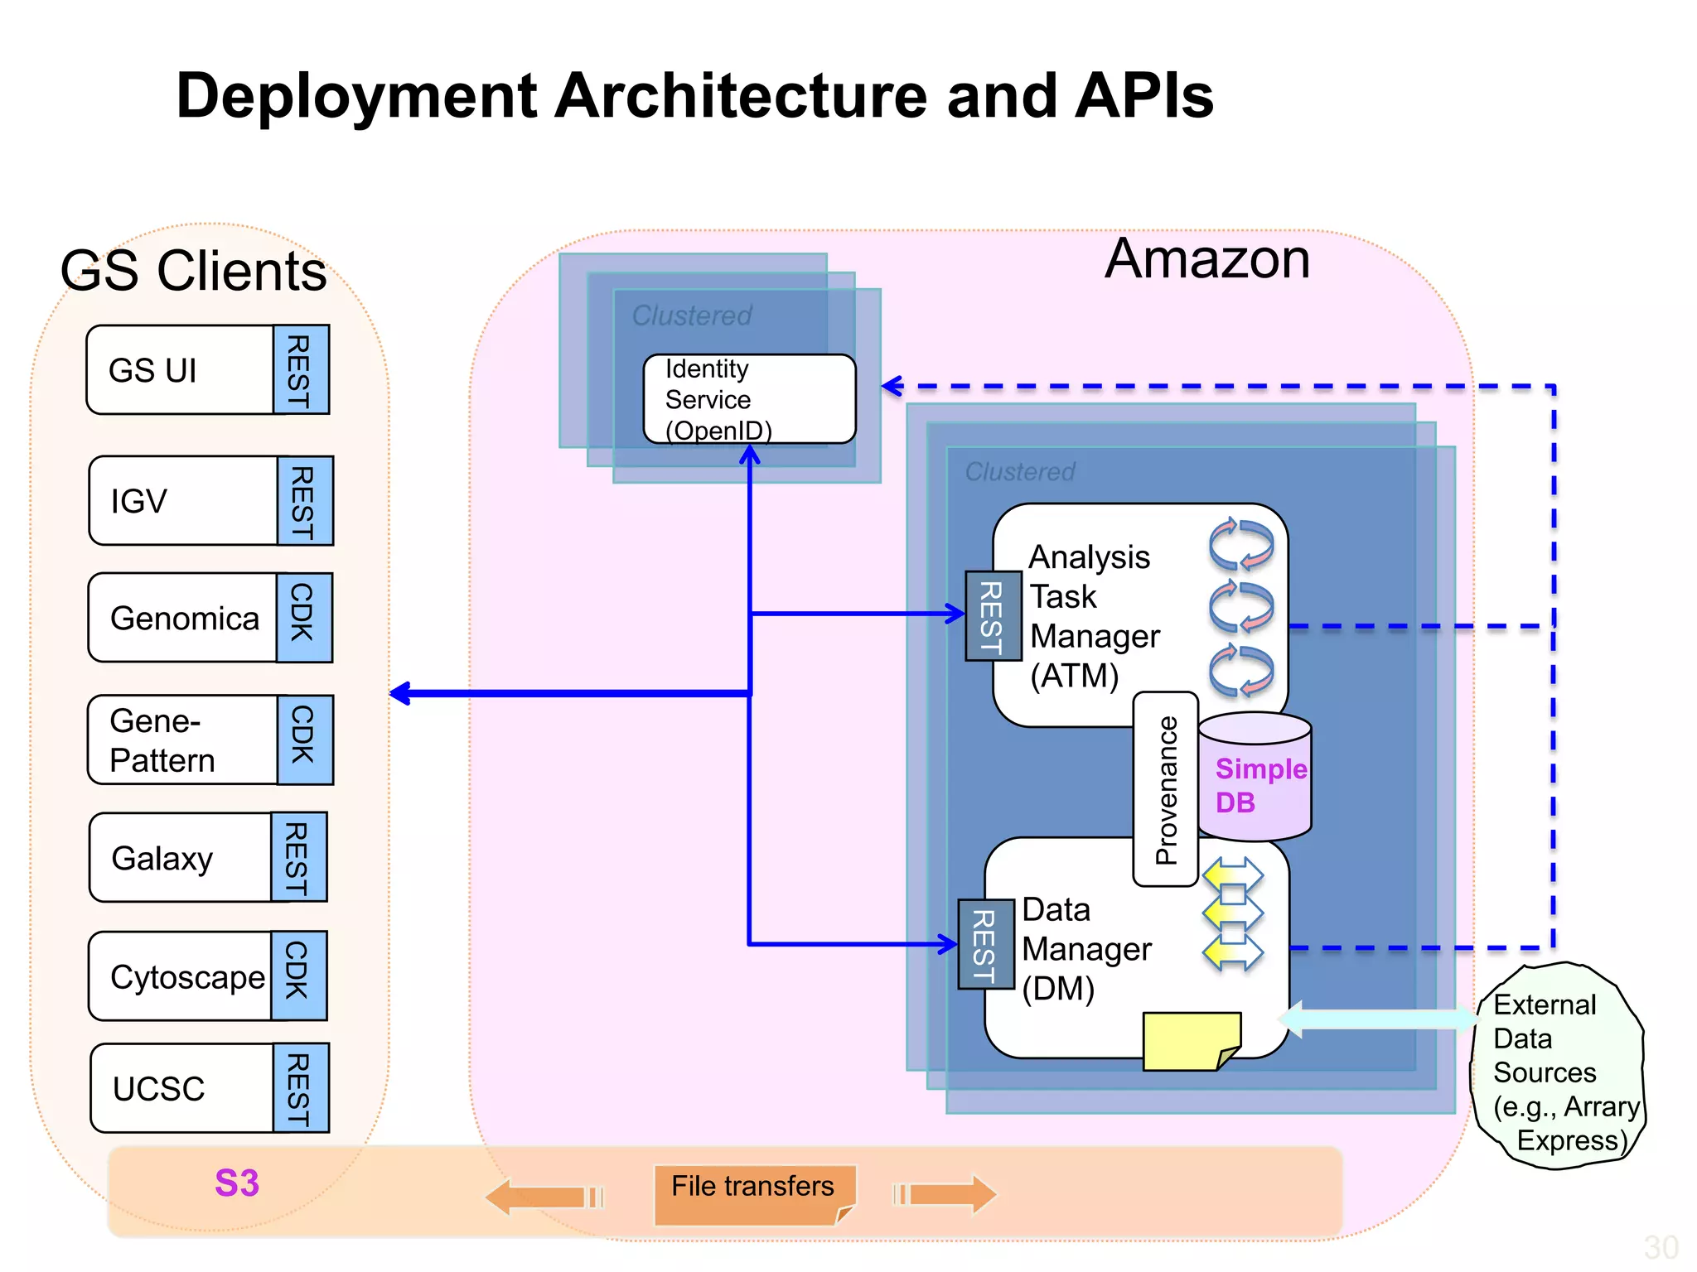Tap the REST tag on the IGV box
tap(304, 501)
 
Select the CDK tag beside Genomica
tap(303, 618)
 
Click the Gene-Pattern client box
tap(181, 740)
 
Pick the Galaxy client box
tap(180, 858)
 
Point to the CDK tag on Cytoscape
tap(298, 976)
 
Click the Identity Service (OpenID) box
tap(748, 399)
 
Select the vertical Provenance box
tap(1165, 789)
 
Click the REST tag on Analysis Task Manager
tap(993, 616)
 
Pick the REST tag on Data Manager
tap(985, 944)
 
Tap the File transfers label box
tap(752, 1193)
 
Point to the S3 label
tap(237, 1183)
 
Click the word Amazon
tap(1206, 259)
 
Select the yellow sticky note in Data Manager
tap(1189, 1041)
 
